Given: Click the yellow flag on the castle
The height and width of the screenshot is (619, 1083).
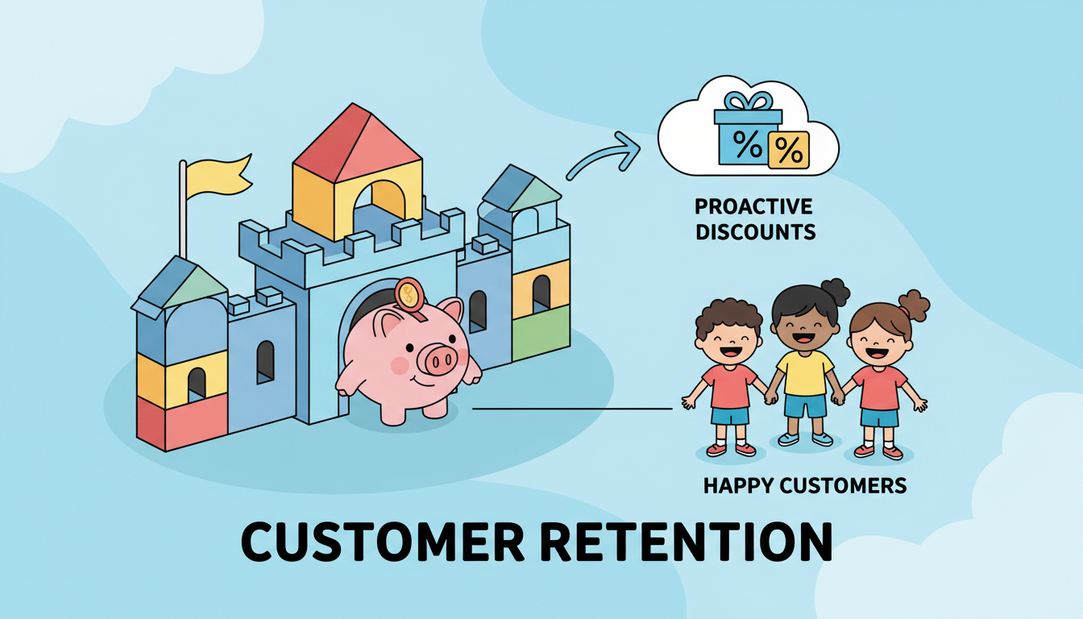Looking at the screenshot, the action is tap(218, 177).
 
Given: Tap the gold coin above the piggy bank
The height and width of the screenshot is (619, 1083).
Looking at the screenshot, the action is tap(409, 294).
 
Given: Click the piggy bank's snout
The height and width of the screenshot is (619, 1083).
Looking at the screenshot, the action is tap(437, 359).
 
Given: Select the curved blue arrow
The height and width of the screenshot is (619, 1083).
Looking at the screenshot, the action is tap(604, 155).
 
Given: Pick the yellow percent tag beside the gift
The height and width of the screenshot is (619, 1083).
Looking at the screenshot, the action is tap(789, 151).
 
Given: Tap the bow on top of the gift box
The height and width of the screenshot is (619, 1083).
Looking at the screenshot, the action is tap(748, 101).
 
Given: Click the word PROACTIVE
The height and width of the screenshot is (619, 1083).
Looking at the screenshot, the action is tap(753, 206).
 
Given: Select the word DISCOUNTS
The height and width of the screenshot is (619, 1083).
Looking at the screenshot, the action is tap(756, 232).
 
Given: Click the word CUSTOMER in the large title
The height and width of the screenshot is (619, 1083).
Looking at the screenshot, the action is tap(383, 541).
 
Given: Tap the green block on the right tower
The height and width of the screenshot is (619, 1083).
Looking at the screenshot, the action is tap(541, 333).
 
